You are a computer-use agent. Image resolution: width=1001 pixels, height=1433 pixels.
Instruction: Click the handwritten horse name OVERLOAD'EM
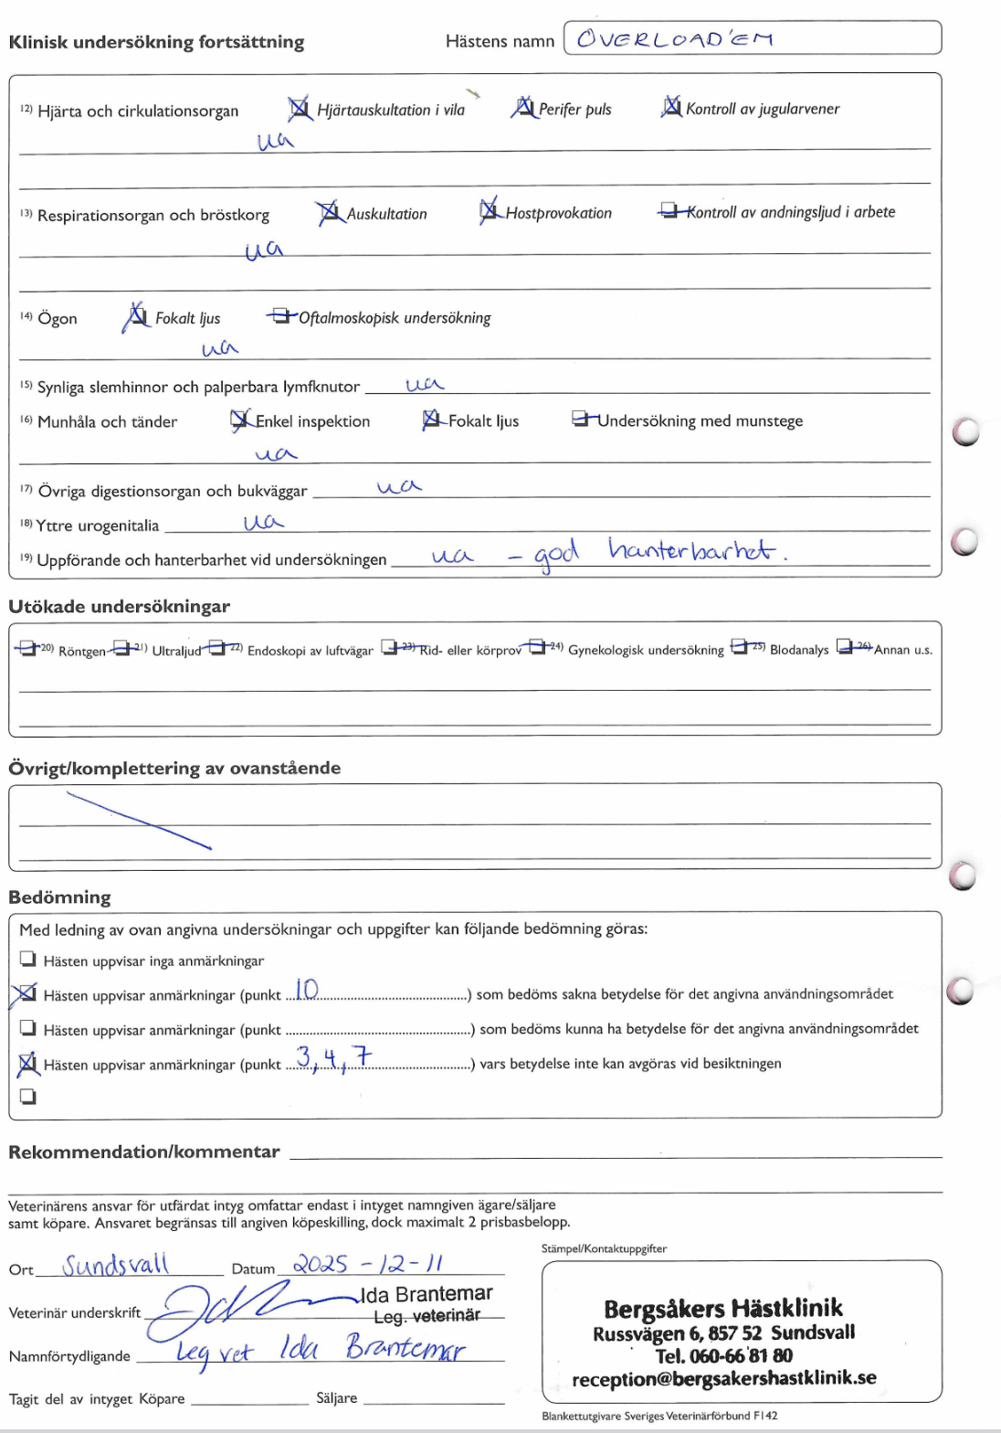(675, 39)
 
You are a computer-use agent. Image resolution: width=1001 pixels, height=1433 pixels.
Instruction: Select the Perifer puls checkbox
(523, 108)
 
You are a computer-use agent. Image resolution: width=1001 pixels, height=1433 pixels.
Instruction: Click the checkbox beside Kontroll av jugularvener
(671, 107)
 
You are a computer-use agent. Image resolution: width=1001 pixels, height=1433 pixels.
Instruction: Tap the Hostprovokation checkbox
(490, 211)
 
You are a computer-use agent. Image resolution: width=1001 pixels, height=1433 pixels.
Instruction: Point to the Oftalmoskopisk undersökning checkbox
(281, 316)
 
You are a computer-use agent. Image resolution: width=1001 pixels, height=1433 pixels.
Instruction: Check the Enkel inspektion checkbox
(240, 419)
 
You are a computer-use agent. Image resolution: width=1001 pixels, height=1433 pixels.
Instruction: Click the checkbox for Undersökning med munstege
(581, 419)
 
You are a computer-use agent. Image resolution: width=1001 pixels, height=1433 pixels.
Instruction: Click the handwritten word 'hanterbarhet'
(691, 550)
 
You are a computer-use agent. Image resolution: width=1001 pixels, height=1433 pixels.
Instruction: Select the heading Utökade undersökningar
(119, 607)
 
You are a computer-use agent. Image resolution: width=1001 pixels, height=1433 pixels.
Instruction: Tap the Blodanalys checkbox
(740, 648)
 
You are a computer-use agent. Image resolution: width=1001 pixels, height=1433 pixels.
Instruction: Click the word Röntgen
(82, 652)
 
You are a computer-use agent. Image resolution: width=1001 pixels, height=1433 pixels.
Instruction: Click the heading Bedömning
(59, 897)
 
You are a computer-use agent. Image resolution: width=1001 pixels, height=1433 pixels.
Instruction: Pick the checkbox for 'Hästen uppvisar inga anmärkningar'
(28, 960)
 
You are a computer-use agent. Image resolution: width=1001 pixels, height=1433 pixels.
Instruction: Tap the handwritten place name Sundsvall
(116, 1265)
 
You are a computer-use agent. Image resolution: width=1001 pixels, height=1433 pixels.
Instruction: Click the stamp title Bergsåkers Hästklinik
(722, 1309)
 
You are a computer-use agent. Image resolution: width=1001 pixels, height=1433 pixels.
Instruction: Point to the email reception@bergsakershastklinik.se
(723, 1378)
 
